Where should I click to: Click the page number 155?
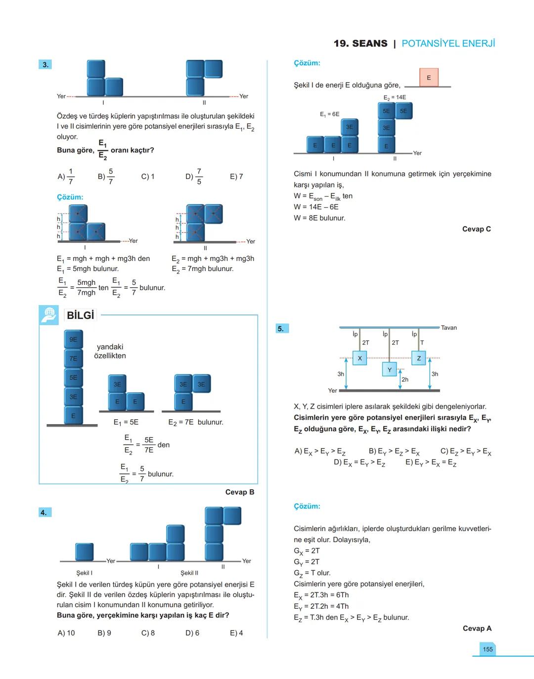[488, 649]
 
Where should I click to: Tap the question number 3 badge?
[45, 65]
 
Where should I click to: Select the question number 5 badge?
[280, 328]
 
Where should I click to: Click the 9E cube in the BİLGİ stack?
[73, 339]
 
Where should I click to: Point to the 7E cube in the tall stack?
[73, 358]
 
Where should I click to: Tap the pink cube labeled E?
[428, 78]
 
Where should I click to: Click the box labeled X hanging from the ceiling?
[359, 358]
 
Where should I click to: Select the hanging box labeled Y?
[389, 369]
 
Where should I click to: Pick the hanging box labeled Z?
[419, 358]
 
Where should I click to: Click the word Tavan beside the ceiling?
[448, 327]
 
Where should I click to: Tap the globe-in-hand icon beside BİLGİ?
[48, 315]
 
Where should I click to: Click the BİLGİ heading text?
[80, 315]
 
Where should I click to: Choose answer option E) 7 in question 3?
[236, 177]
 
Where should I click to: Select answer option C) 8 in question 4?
[148, 633]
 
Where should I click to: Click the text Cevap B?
[240, 492]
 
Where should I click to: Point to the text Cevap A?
[477, 628]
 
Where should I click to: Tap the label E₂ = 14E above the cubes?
[395, 97]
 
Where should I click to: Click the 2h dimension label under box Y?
[405, 380]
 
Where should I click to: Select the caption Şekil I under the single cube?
[84, 573]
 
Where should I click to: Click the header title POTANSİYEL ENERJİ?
[448, 44]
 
